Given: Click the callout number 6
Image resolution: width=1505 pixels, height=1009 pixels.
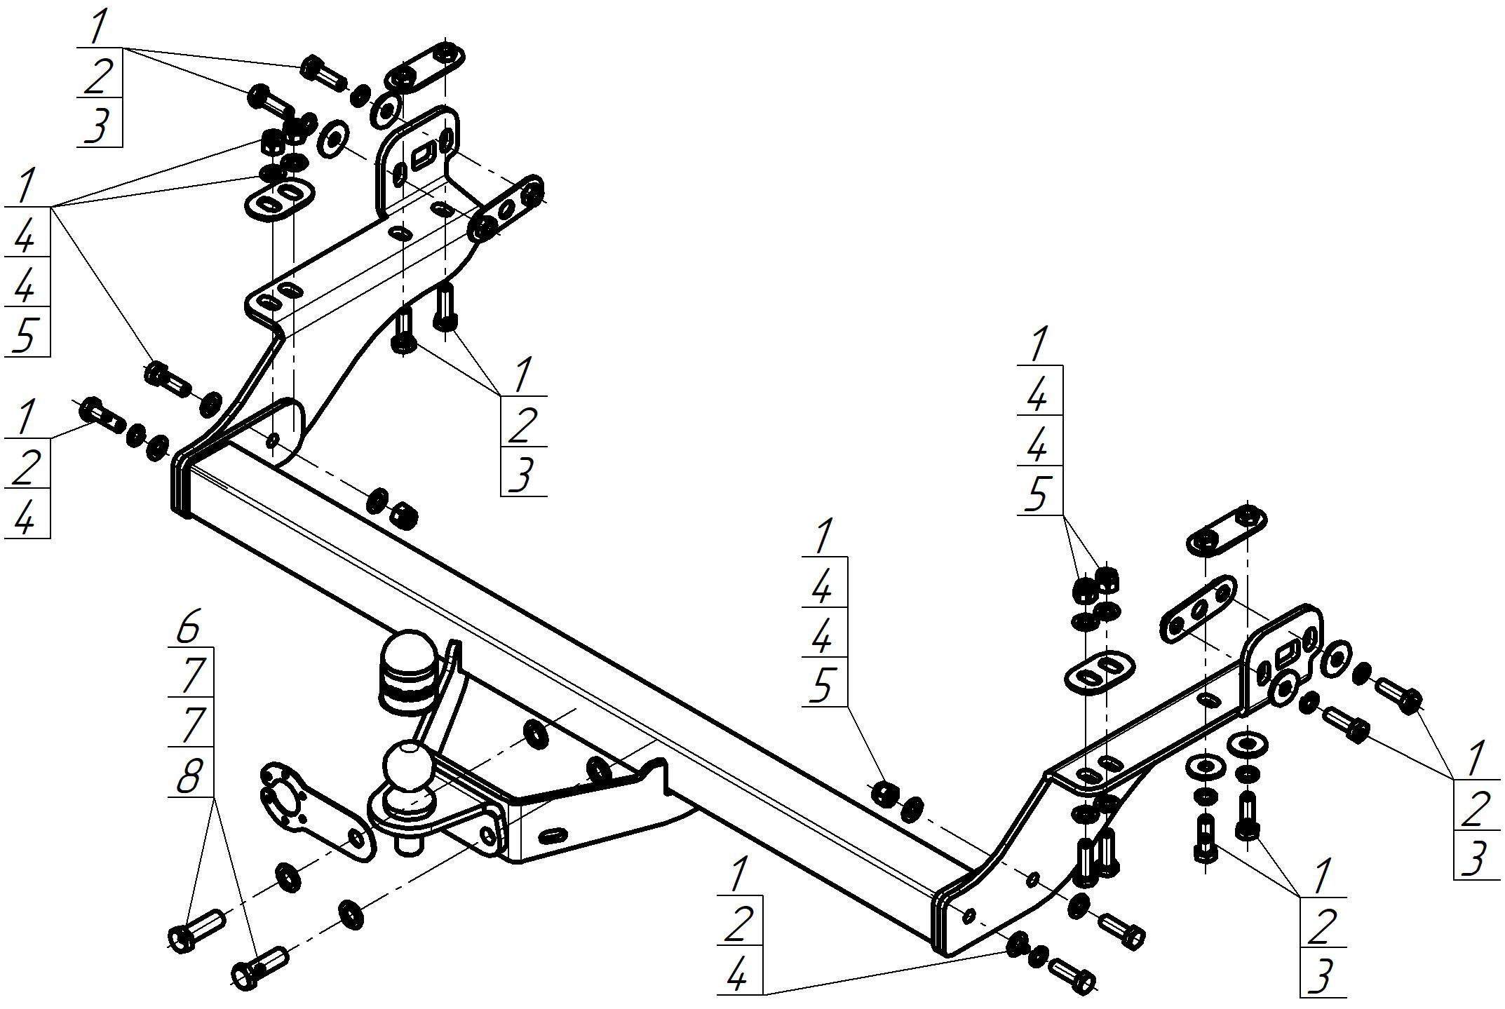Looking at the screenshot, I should point(189,628).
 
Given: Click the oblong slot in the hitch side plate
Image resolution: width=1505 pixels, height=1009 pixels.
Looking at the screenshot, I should point(554,835).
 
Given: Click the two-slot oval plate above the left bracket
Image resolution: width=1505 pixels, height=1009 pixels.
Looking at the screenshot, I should point(278,198).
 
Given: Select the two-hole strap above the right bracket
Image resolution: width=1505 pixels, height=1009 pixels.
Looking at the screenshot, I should point(1225,530).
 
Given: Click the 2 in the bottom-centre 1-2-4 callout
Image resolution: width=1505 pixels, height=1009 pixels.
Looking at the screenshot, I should point(738,926).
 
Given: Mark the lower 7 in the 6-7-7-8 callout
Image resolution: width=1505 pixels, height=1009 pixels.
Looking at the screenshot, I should point(190,726).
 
